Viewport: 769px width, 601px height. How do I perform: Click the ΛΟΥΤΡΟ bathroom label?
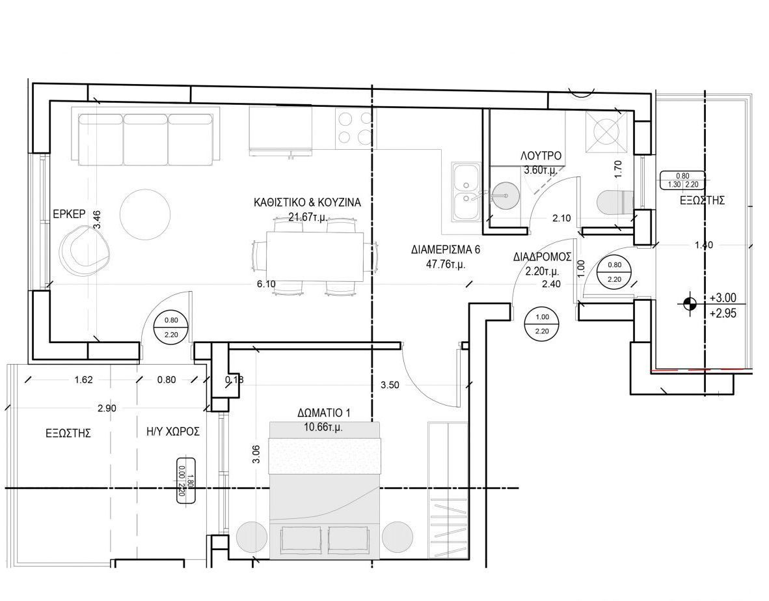pos(541,156)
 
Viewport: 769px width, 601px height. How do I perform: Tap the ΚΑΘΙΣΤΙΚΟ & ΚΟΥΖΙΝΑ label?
pos(307,203)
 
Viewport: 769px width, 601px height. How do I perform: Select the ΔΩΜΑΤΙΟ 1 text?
pos(323,413)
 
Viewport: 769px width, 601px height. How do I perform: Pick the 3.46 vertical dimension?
pos(97,219)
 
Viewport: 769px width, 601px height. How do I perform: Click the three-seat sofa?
pos(146,139)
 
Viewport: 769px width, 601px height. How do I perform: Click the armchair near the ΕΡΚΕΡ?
pos(83,249)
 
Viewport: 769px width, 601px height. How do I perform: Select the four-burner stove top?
pos(355,127)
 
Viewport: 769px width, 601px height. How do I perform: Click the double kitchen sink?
pos(467,192)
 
